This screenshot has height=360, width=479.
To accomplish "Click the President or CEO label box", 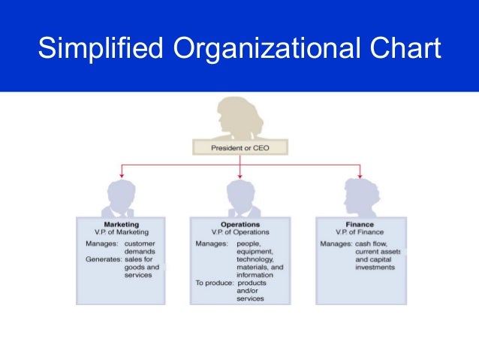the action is pyautogui.click(x=239, y=148).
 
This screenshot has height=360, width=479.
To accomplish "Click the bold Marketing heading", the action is pyautogui.click(x=121, y=224).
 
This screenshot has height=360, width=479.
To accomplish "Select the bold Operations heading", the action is pyautogui.click(x=239, y=224).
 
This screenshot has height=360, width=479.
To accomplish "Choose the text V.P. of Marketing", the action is pyautogui.click(x=121, y=232).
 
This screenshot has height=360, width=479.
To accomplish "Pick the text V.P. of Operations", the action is pyautogui.click(x=239, y=232).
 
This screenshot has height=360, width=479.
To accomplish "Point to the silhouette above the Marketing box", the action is pyautogui.click(x=121, y=197).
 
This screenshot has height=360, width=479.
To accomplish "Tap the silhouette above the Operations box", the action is pyautogui.click(x=239, y=197).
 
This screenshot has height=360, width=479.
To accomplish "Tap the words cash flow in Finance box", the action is pyautogui.click(x=370, y=244).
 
